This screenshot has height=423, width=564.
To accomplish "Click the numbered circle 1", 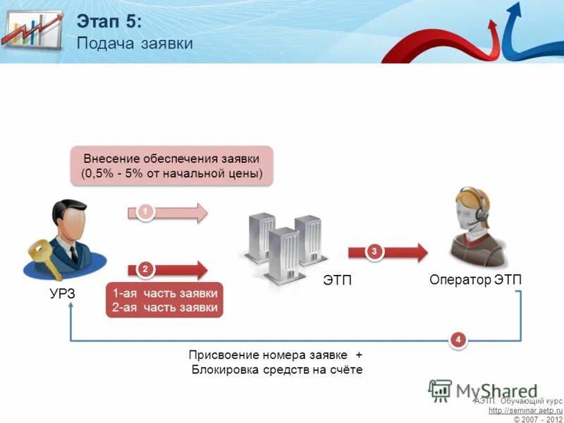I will [x=144, y=211].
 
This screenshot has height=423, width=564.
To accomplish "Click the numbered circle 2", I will [x=145, y=269].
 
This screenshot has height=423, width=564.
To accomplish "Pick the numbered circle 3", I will [x=374, y=251].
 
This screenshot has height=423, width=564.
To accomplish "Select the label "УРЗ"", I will [x=62, y=294].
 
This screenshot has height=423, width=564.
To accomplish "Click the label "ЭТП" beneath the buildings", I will [x=337, y=281].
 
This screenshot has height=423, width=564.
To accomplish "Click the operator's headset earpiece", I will [x=482, y=212].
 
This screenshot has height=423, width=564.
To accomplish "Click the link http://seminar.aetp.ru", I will [x=525, y=410].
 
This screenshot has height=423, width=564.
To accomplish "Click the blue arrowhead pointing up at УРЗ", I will [x=70, y=317].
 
